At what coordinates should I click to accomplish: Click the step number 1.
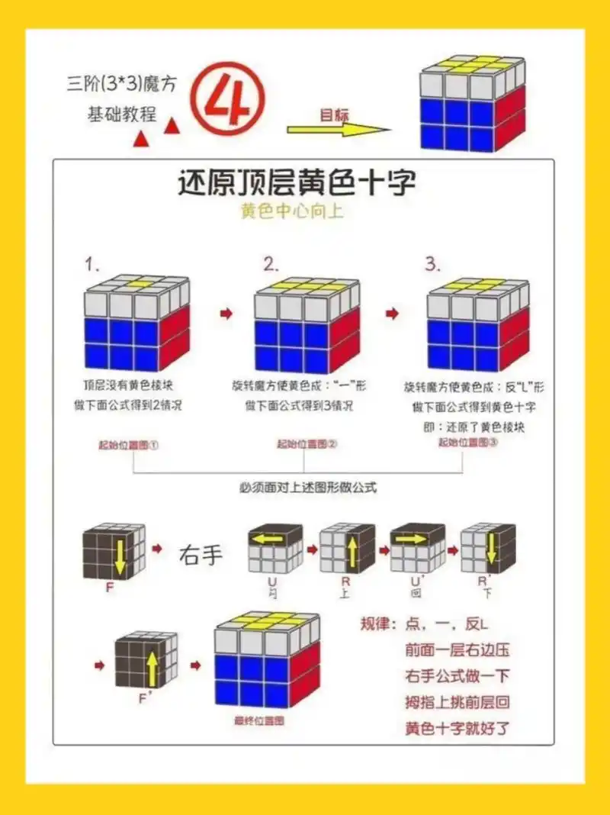pos(93,266)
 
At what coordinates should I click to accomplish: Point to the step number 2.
pos(271,265)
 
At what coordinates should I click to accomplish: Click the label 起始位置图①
pos(128,445)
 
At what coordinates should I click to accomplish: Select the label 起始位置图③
pos(468,443)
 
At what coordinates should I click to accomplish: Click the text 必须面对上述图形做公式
pos(305,487)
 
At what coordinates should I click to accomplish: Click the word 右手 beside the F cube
pos(201,555)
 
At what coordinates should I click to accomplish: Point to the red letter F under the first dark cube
pos(111,590)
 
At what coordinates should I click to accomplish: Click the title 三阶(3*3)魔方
pos(122,83)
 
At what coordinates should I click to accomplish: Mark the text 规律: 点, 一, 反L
pos(424,624)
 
